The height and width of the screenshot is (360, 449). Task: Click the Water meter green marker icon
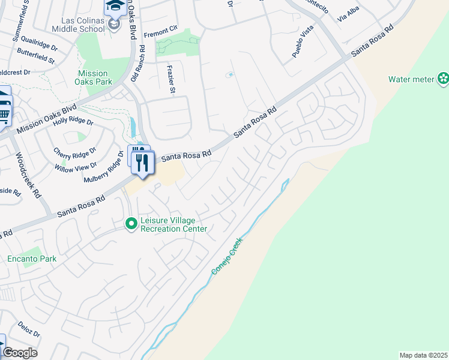point(443,79)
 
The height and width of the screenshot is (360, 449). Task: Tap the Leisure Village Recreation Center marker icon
point(131,224)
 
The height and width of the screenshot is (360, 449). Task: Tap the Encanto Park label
point(32,259)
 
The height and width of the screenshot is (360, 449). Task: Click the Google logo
point(20,353)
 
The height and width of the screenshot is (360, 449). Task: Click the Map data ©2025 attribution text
point(423,355)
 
